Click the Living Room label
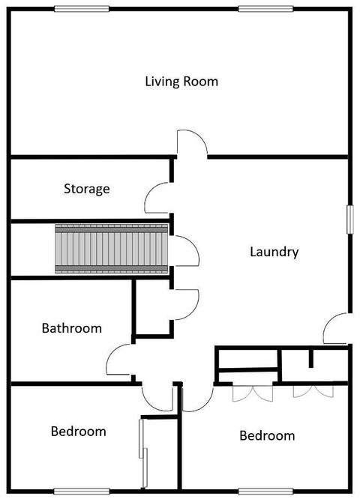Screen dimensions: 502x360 (x=181, y=82)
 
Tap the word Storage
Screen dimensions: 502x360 (x=87, y=189)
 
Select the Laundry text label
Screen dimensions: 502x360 (x=274, y=252)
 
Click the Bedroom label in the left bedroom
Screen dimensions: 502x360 (x=78, y=432)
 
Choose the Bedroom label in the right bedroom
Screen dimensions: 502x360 (x=267, y=436)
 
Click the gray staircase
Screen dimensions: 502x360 (x=112, y=248)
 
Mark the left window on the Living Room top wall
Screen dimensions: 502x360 (x=82, y=9)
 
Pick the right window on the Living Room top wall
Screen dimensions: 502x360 (x=265, y=9)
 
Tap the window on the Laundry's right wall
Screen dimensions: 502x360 (x=349, y=219)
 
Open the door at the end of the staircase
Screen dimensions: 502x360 (x=185, y=250)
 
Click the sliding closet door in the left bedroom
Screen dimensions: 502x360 (x=142, y=451)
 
